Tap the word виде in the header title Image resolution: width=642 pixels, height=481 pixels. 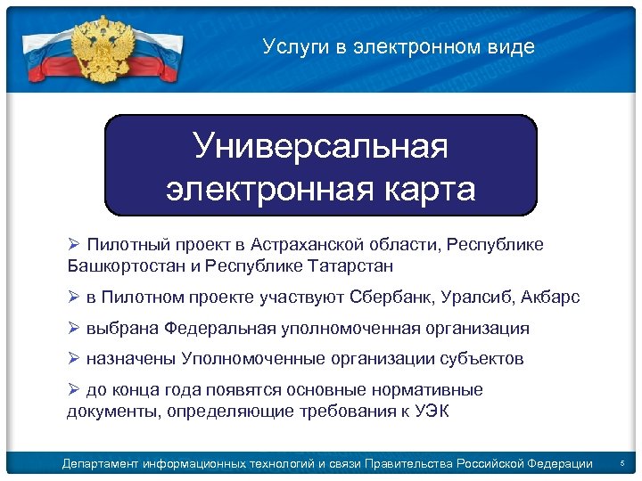click(x=515, y=47)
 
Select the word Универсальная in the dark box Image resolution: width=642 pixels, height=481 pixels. click(x=321, y=147)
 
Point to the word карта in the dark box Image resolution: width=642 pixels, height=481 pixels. click(x=424, y=189)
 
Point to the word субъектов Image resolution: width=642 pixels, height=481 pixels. click(x=482, y=359)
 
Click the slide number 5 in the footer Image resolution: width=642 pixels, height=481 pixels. click(x=621, y=464)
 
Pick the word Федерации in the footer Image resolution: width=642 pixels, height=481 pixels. click(x=557, y=464)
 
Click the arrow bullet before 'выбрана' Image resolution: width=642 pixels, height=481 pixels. click(x=74, y=328)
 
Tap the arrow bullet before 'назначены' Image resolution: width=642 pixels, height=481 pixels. click(x=74, y=358)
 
